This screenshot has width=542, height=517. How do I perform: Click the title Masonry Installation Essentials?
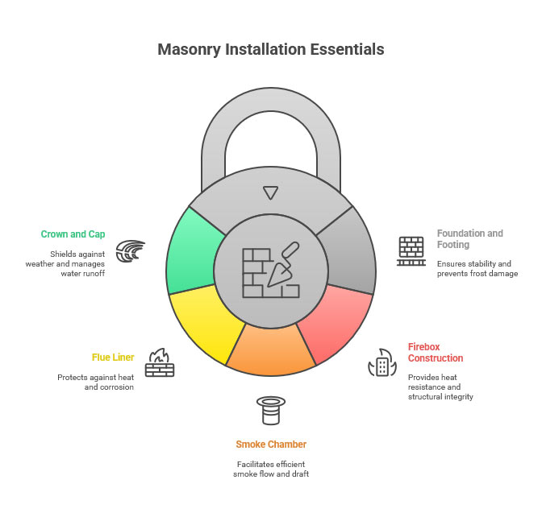point(271,49)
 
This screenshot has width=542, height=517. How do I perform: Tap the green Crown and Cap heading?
point(74,234)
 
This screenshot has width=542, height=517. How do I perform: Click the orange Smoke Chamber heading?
point(271,444)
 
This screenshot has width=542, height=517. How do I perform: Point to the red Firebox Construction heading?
point(436,352)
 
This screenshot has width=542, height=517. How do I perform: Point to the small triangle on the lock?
point(271,192)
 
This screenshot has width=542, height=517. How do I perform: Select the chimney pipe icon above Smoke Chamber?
point(271,411)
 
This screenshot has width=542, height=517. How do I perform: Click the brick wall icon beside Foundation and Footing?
point(411,250)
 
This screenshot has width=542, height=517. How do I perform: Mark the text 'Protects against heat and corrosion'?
point(95,382)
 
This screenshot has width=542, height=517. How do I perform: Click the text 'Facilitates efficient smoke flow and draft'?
point(271,469)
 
